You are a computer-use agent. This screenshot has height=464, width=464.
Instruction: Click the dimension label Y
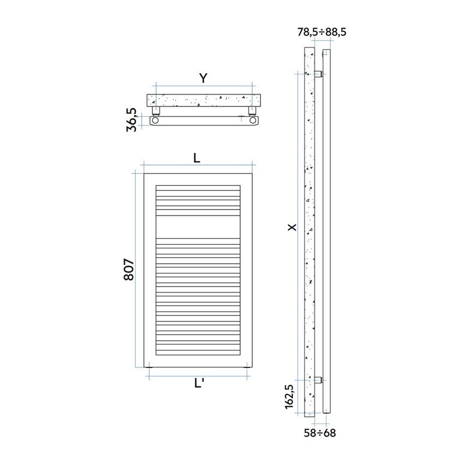pos(203,78)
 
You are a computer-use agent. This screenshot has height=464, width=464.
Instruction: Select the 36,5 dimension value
pos(132,120)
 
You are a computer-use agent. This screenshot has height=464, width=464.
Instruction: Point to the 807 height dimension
pos(128,270)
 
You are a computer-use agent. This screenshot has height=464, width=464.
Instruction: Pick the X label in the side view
pos(293,227)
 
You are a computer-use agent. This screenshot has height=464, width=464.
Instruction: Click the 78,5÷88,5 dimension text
pos(322,32)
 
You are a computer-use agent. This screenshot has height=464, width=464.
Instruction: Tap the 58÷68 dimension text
pos(320,433)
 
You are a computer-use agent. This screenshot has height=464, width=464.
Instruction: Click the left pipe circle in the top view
pos(156,120)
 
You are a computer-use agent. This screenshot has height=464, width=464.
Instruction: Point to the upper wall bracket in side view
pos(319,74)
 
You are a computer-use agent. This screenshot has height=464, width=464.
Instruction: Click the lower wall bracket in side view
pos(319,380)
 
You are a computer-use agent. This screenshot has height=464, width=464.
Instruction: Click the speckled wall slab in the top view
pos(205,100)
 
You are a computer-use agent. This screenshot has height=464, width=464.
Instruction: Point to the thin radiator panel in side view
pos(326,229)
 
